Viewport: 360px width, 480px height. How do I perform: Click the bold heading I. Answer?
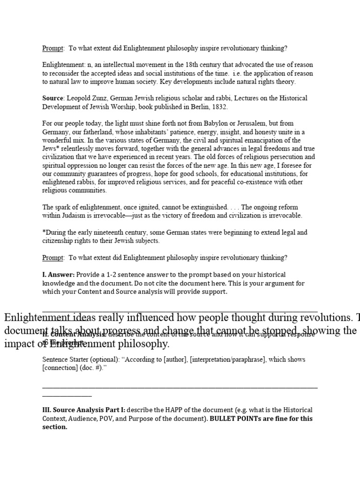(x=59, y=275)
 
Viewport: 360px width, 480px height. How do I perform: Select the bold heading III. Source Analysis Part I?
(x=83, y=410)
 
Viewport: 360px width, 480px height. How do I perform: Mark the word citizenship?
(x=59, y=241)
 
